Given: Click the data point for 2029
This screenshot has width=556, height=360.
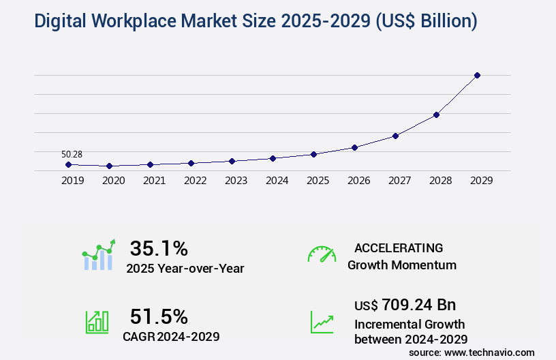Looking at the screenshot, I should point(477,75).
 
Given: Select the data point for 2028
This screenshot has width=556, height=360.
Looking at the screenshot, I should point(436,115).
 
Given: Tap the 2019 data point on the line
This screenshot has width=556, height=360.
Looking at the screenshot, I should point(68,164).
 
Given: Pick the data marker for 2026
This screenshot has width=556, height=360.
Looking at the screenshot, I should point(354,147).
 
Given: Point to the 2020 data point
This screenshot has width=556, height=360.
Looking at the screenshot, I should point(109,166).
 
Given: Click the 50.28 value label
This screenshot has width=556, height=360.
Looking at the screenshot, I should point(72,155).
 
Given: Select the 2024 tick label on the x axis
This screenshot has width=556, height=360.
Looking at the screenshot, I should point(277,181).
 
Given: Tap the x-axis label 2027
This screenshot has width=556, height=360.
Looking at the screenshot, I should point(399,181).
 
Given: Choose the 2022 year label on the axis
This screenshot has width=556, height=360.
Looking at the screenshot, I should point(195,181).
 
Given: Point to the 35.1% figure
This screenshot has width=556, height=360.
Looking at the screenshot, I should point(159,247).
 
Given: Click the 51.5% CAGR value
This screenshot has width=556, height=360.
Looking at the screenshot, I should point(159,316).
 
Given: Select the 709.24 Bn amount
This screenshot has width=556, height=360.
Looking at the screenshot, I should point(418,304).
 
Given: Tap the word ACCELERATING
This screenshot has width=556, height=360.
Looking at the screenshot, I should point(399,247).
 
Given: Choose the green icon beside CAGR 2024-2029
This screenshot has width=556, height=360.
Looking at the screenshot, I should point(97,322).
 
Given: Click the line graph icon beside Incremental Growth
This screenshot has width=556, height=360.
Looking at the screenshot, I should point(322,322).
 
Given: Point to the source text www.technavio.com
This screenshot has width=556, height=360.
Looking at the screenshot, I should point(489,352).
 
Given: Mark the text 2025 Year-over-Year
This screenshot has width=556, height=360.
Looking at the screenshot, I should point(185,268).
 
